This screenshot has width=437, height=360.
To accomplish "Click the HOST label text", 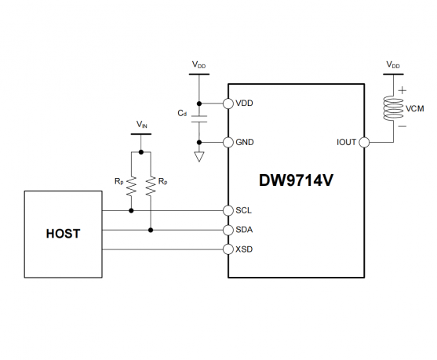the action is pyautogui.click(x=63, y=234).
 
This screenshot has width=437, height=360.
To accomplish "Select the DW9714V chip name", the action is pyautogui.click(x=296, y=180).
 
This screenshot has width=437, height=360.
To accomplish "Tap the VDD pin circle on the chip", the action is pyautogui.click(x=228, y=104).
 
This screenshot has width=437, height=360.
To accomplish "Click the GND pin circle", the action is pyautogui.click(x=228, y=143).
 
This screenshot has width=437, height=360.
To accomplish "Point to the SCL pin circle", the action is pyautogui.click(x=228, y=211).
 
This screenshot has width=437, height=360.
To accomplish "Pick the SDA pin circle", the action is pyautogui.click(x=228, y=230).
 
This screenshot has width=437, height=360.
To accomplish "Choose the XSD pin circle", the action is pyautogui.click(x=228, y=249).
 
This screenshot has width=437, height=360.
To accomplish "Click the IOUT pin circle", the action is pyautogui.click(x=364, y=143).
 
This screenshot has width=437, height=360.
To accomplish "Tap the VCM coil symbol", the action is pyautogui.click(x=393, y=108).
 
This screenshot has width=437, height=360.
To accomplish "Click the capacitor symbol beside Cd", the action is pyautogui.click(x=199, y=119).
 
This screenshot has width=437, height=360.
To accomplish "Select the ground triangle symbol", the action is pyautogui.click(x=199, y=157).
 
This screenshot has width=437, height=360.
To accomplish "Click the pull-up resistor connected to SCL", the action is pyautogui.click(x=131, y=186).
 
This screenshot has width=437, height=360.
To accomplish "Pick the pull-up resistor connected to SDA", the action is pyautogui.click(x=151, y=186).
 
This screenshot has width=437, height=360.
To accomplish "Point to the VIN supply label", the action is pyautogui.click(x=141, y=124).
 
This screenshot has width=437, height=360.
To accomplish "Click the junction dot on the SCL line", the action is pyautogui.click(x=131, y=211).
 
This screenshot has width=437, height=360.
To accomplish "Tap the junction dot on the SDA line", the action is pyautogui.click(x=151, y=230).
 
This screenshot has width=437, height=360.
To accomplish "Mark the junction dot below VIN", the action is pyautogui.click(x=141, y=152).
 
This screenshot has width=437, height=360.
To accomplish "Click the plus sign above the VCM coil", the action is pyautogui.click(x=402, y=90).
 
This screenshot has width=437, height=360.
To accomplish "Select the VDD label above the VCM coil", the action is pyautogui.click(x=393, y=65).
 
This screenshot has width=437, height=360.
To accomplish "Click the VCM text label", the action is pyautogui.click(x=415, y=109).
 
